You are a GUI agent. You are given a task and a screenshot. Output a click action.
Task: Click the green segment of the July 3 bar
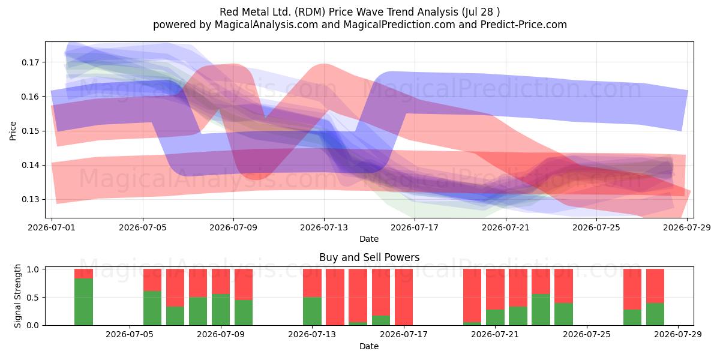tap(83, 302)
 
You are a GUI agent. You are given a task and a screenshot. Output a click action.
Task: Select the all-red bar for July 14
tap(335, 297)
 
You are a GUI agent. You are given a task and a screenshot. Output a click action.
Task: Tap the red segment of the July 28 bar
tap(655, 286)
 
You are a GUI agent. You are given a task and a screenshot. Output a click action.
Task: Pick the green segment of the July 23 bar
tap(541, 310)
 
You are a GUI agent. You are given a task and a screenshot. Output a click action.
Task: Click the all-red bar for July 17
tap(404, 297)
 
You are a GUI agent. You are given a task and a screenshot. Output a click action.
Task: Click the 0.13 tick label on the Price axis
tap(30, 200)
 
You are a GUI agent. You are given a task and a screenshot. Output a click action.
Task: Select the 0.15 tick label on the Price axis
tap(30, 131)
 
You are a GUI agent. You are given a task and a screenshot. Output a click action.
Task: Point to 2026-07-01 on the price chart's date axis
tap(52, 227)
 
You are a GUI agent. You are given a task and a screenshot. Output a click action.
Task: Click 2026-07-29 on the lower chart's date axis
tap(678, 334)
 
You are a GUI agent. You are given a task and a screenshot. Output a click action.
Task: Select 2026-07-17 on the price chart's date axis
tap(415, 227)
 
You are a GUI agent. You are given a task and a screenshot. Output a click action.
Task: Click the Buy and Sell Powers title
tap(370, 257)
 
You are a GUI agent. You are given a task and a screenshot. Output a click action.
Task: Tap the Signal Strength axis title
tap(17, 296)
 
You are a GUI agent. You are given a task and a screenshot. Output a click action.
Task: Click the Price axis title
tap(13, 131)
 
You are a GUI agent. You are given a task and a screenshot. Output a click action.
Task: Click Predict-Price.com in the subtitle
tap(524, 25)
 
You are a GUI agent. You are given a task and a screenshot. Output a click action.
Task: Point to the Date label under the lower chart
tap(369, 346)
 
